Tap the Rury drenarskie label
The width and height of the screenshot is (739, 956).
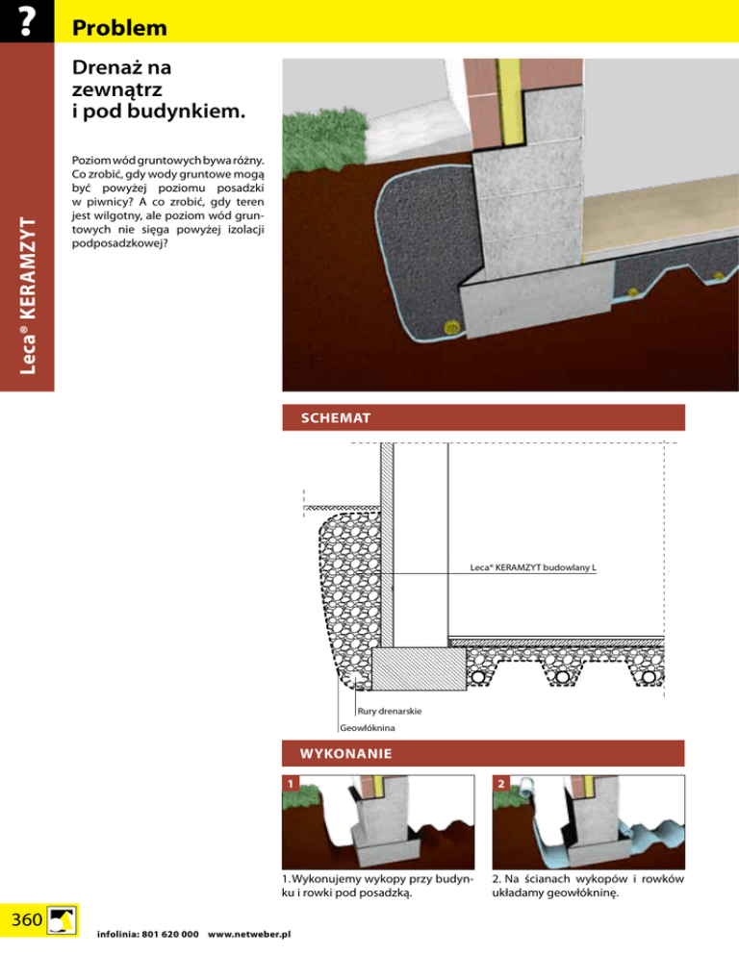click(389, 711)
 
